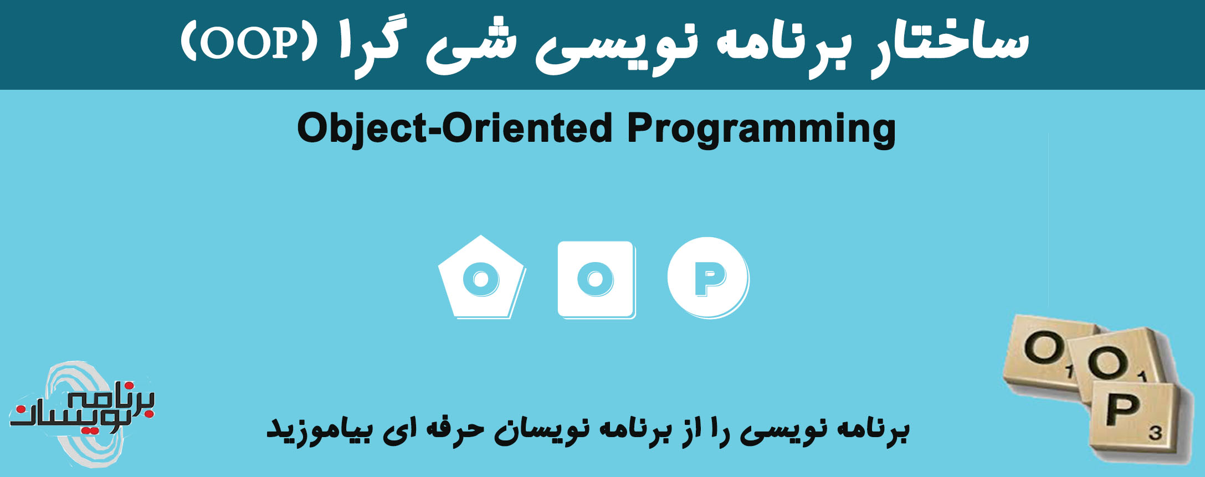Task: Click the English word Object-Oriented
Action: coord(454,129)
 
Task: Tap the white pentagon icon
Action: coord(481,277)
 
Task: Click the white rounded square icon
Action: coord(596,279)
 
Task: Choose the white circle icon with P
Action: coord(707,277)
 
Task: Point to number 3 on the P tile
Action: coord(1155,432)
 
